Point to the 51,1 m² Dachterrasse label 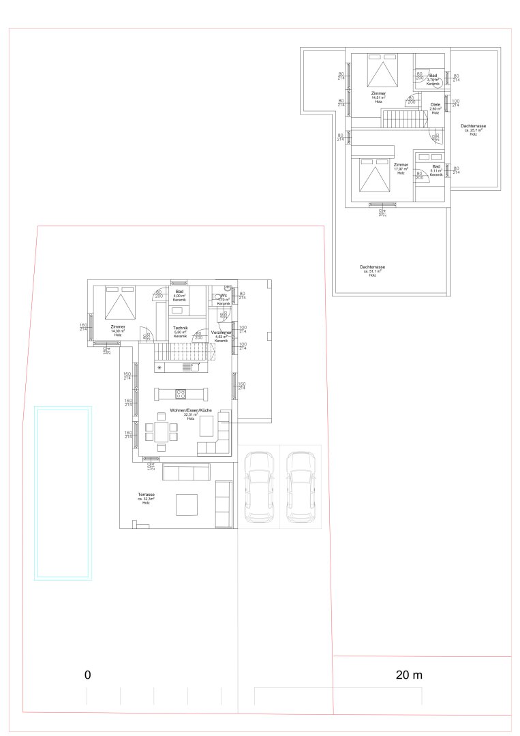coord(373,271)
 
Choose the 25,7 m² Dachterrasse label coord(473,129)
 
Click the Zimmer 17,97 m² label coord(401,168)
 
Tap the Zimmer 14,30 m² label coord(118,331)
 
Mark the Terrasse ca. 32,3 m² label coord(146,498)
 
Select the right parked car coord(301,487)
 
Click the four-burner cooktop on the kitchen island coord(181,393)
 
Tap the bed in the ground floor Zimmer coord(121,303)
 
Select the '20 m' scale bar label coord(409,675)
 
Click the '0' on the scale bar coord(87,675)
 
